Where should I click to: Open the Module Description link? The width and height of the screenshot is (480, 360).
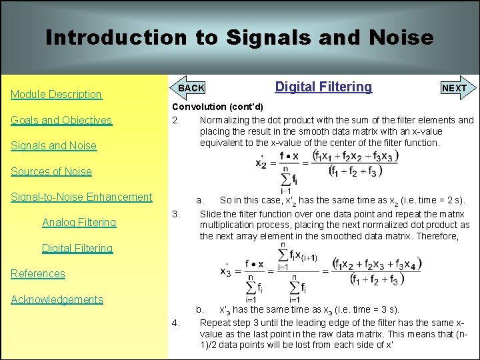pos(56,95)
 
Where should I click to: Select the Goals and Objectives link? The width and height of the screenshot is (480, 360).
pos(61,120)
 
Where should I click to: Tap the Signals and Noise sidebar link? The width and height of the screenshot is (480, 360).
pos(53,146)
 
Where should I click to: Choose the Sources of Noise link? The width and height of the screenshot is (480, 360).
pos(51,171)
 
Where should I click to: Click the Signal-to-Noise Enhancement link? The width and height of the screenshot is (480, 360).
pos(81,197)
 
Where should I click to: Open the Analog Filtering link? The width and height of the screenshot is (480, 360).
pos(79,223)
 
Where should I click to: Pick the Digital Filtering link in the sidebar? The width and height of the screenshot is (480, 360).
pos(77,248)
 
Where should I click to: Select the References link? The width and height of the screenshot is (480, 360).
pos(37,273)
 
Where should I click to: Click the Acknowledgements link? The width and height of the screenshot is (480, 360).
pos(57,299)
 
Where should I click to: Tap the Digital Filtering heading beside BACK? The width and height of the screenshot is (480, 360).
pos(323,87)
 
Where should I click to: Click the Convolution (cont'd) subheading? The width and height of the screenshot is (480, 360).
pos(217,107)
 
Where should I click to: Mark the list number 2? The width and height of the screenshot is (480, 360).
pos(175,121)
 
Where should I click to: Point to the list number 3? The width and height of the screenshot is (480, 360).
pos(175,214)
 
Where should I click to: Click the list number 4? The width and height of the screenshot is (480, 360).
pos(175,323)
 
